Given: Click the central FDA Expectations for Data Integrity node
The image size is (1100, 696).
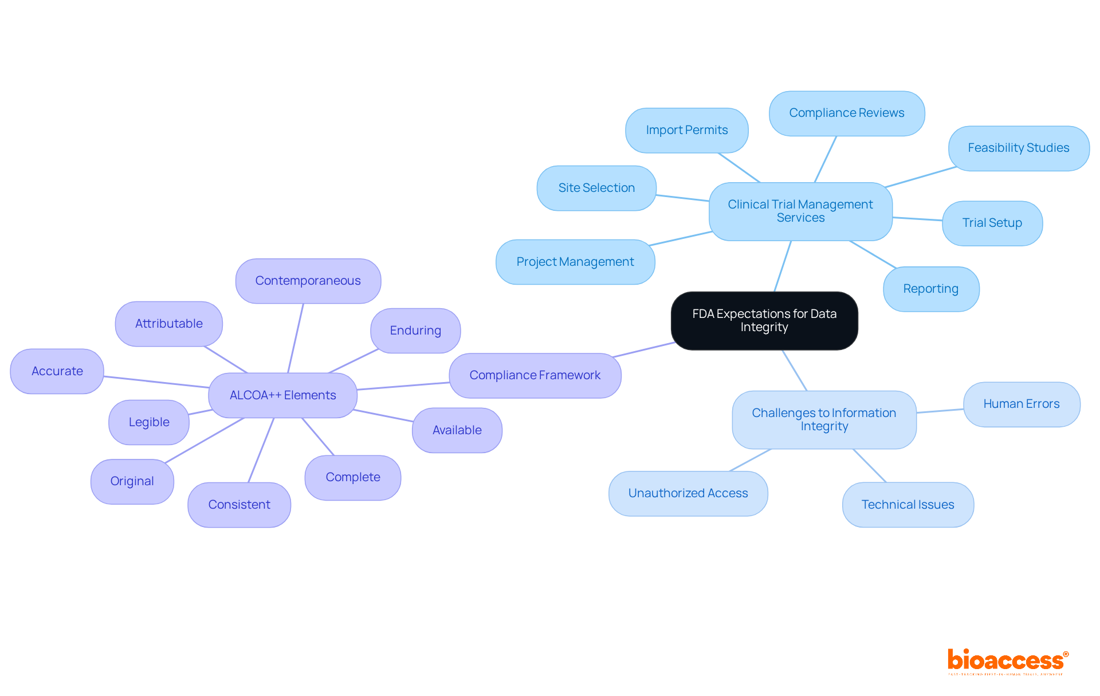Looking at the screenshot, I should click(764, 321).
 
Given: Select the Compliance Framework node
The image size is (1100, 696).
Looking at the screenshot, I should click(535, 375).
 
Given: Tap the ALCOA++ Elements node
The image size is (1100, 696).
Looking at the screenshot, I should click(282, 395).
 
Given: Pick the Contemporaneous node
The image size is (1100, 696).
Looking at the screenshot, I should click(308, 281).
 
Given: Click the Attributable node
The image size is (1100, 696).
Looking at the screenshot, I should click(168, 324).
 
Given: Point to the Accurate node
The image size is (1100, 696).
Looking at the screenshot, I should click(57, 371).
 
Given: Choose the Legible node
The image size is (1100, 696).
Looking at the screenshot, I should click(149, 422).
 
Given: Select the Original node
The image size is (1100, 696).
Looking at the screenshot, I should click(132, 481).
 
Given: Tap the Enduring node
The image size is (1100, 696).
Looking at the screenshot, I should click(415, 331).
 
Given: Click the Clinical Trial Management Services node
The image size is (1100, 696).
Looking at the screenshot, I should click(800, 211).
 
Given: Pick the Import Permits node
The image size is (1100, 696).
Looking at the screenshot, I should click(686, 130).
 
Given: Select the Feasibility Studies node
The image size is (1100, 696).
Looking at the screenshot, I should click(1018, 148).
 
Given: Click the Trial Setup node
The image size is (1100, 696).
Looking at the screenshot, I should click(992, 223).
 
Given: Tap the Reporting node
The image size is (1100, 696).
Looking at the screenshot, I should click(930, 289).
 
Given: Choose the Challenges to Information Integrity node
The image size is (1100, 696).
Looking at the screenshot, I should click(823, 419).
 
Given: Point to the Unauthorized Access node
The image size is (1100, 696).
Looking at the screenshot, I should click(687, 493).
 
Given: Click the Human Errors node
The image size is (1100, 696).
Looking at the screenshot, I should click(1021, 404).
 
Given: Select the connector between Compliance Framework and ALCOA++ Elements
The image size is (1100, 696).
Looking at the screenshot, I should click(403, 386).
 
